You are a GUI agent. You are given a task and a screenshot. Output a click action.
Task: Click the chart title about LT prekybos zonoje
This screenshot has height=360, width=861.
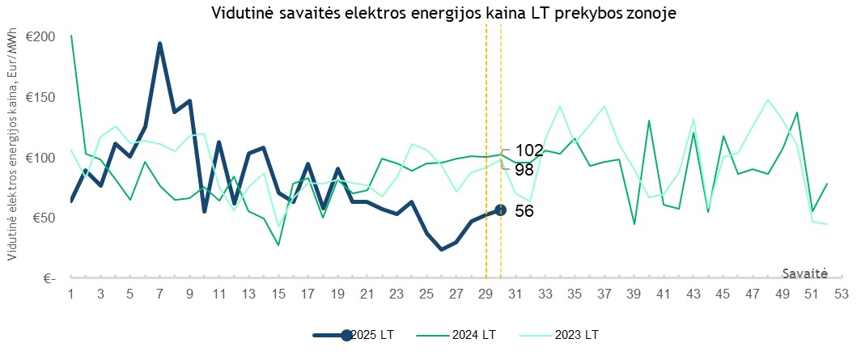click(x=443, y=14)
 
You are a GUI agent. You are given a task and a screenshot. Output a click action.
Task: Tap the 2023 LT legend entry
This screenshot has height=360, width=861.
click(x=576, y=335)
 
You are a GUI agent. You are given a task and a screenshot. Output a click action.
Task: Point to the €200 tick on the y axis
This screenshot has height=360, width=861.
click(x=40, y=37)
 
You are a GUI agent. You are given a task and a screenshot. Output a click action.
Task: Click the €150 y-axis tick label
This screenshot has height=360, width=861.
click(x=40, y=98)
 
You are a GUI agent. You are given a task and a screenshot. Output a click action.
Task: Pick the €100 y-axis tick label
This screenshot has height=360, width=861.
click(x=40, y=158)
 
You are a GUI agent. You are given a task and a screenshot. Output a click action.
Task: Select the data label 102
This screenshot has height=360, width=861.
click(x=528, y=150)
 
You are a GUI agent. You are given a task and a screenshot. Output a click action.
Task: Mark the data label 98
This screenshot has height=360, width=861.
click(x=524, y=169)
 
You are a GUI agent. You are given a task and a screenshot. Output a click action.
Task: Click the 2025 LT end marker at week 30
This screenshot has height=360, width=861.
click(x=500, y=210)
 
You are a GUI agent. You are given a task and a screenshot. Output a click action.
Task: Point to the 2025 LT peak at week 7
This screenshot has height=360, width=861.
click(x=160, y=44)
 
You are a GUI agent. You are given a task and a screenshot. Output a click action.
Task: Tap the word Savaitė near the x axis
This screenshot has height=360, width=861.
click(x=805, y=273)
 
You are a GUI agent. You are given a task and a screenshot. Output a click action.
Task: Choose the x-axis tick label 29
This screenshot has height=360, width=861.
click(x=485, y=294)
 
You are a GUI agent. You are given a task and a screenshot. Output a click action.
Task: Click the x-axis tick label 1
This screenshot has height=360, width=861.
click(x=71, y=294)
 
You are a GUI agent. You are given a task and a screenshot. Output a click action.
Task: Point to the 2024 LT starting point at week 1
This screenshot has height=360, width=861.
click(x=71, y=36)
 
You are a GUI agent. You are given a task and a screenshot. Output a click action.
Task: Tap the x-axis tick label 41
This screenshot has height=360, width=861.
click(x=663, y=294)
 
